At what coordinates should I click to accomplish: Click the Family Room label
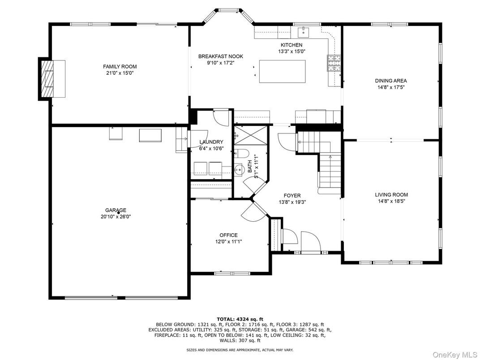(x=120, y=66)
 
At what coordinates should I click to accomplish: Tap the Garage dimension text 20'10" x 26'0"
(x=116, y=216)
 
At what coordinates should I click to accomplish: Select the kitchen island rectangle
(x=282, y=71)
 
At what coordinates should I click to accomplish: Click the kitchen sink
(x=304, y=31)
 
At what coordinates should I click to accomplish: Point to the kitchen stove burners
(x=334, y=64)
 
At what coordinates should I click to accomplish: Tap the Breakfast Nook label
(x=221, y=56)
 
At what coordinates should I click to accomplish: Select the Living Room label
(x=391, y=195)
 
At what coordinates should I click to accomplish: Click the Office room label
(x=228, y=235)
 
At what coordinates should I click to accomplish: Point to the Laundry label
(x=211, y=142)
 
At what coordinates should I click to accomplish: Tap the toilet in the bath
(x=241, y=153)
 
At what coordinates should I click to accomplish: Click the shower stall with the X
(x=251, y=134)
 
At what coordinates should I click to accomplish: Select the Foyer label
(x=292, y=195)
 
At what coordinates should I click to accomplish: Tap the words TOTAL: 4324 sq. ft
(x=240, y=319)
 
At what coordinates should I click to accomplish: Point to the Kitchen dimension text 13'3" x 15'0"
(x=291, y=51)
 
